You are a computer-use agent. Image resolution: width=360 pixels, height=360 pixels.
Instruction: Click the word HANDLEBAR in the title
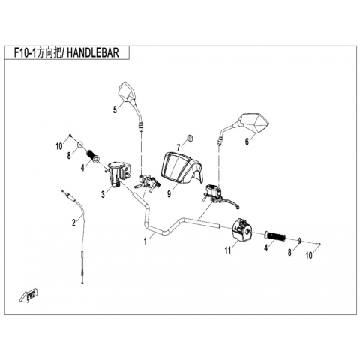tap(93, 53)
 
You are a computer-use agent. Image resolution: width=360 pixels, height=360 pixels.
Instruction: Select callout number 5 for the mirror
tap(115, 109)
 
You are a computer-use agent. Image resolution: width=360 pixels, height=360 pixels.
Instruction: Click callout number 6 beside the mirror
tap(247, 142)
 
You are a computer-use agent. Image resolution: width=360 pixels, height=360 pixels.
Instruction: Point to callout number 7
tap(178, 148)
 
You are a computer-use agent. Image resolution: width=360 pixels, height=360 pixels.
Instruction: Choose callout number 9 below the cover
tap(169, 194)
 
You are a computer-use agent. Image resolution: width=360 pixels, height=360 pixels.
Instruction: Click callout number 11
tap(227, 250)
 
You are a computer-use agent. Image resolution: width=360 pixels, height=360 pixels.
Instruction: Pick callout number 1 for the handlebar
tap(145, 241)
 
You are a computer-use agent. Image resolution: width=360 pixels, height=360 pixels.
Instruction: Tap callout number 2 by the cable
tap(73, 223)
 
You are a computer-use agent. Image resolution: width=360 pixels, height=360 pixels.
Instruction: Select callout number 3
tap(103, 194)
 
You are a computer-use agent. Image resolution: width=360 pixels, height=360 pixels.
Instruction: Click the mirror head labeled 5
tap(127, 91)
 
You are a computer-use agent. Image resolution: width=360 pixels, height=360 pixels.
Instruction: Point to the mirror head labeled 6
tap(252, 123)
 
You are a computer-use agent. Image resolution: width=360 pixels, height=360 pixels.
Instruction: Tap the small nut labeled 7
tap(190, 138)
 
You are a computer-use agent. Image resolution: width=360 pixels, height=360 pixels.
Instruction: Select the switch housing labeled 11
tap(242, 229)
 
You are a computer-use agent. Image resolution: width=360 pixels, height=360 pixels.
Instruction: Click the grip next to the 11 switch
tap(275, 235)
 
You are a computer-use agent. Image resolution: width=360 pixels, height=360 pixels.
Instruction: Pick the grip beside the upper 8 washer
tap(93, 156)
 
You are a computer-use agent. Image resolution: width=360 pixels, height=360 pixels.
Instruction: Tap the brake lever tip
tap(238, 207)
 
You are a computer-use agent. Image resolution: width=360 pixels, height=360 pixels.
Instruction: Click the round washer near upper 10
tap(79, 145)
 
